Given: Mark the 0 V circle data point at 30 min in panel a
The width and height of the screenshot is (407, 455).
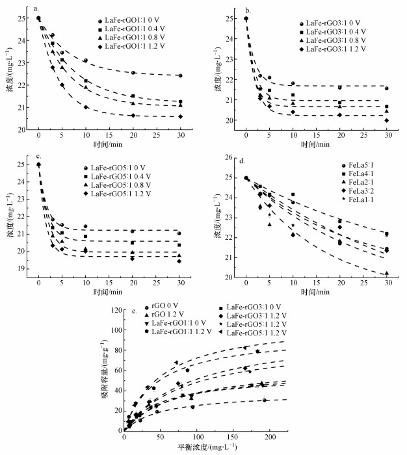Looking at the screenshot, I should point(179,75).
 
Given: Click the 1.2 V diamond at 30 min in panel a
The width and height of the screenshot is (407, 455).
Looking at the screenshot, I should point(179,116).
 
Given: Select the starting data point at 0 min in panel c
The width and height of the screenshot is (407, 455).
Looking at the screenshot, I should point(38,164).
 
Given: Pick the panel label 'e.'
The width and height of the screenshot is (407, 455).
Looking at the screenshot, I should point(135,310).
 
